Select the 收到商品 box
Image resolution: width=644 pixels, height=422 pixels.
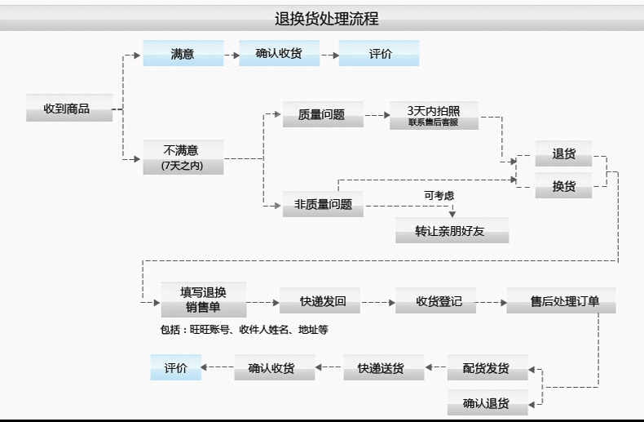coord(69,108)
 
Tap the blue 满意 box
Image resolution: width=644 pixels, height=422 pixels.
coord(183,54)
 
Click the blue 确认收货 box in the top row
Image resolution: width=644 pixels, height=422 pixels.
coord(279,54)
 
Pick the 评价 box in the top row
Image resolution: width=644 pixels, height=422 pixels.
coord(380,54)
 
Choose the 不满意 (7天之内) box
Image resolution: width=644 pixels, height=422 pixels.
coord(183,158)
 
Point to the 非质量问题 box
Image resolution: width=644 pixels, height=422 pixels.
coord(323,204)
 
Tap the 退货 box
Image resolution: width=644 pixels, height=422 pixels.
coord(563,153)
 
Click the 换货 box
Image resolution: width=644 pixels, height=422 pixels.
coord(563,186)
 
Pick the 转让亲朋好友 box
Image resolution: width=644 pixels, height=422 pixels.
coord(452,231)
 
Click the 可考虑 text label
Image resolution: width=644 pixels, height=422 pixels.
coord(439,195)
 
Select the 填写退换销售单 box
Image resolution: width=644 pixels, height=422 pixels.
coord(202,300)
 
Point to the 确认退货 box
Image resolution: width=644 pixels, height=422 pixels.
coord(487,402)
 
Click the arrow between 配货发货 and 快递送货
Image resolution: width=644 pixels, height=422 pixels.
coord(435,368)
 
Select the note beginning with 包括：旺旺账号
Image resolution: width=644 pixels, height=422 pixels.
coord(244,330)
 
